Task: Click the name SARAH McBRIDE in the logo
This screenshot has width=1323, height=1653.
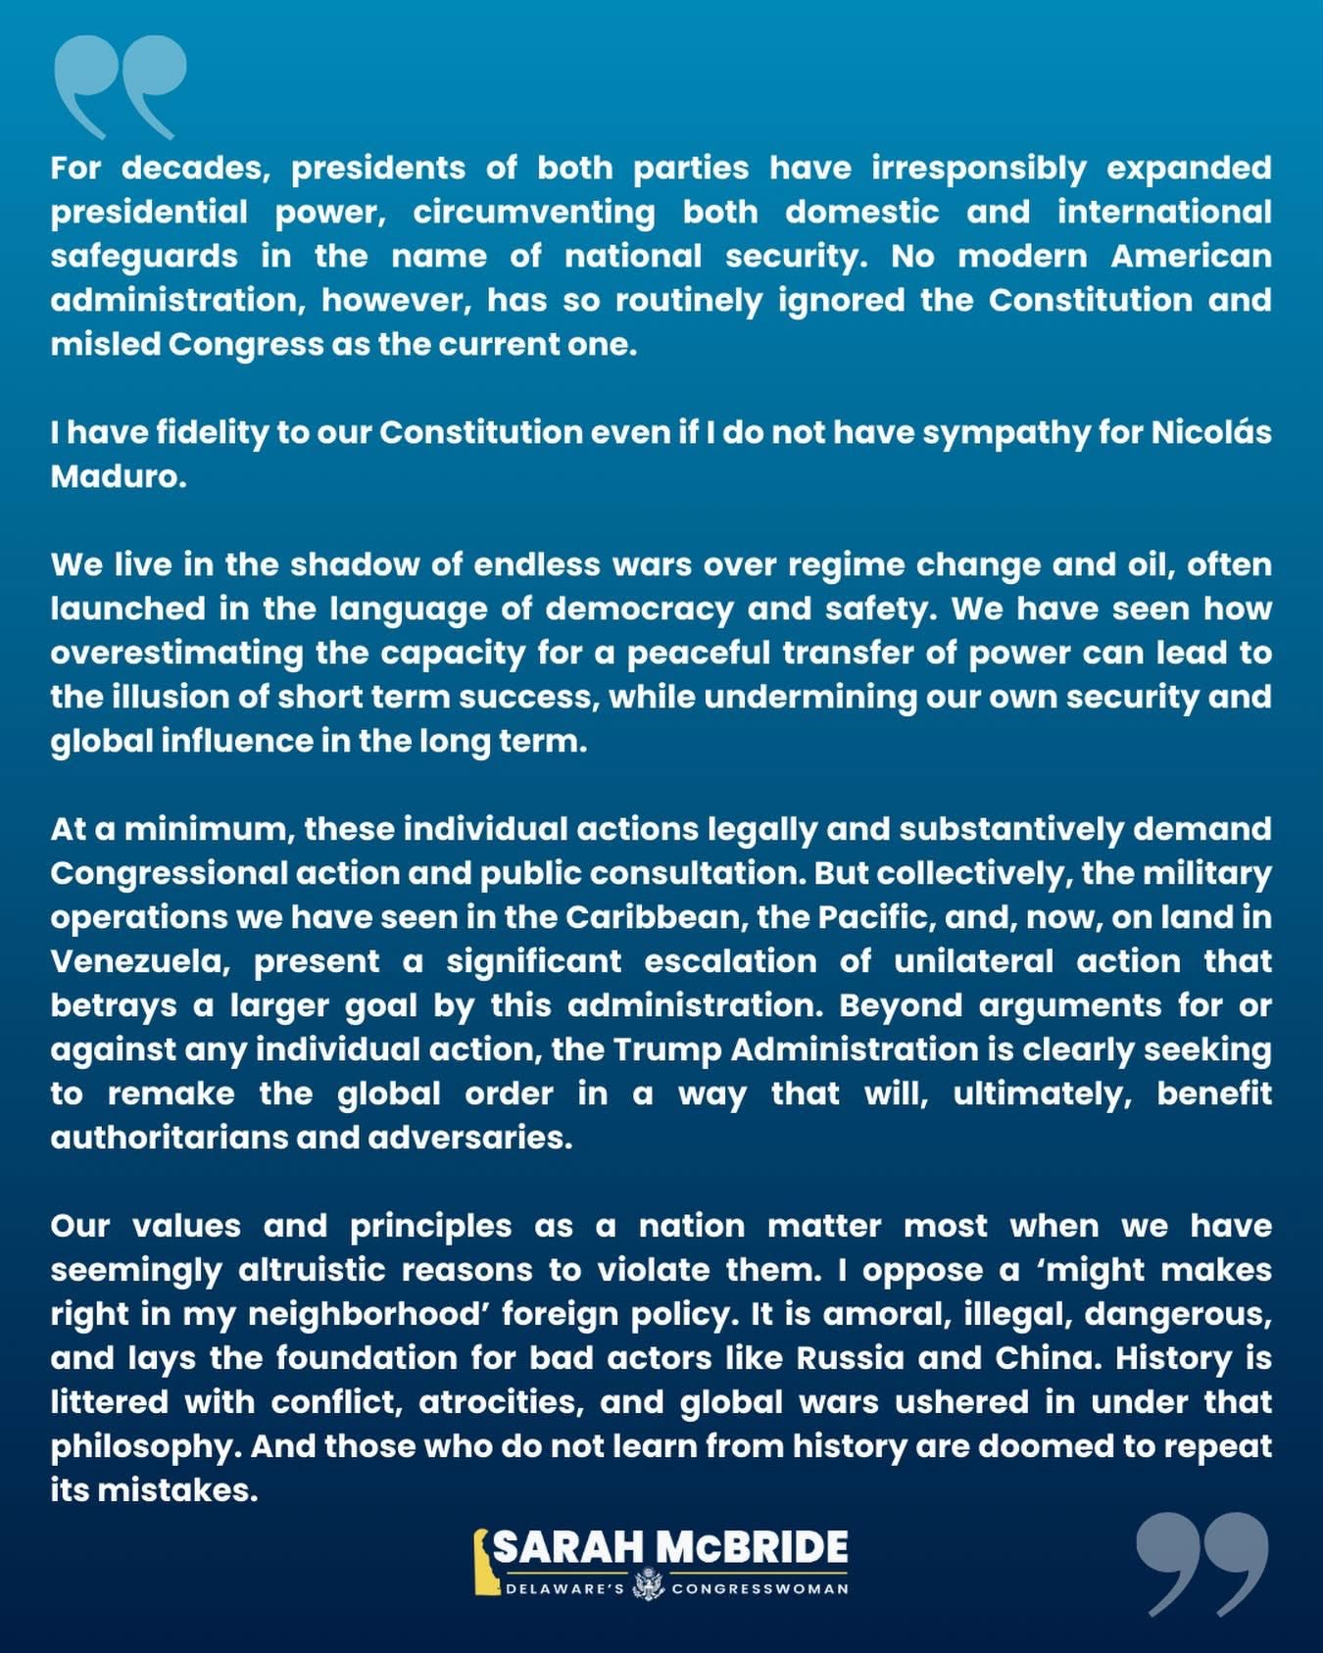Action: [670, 1547]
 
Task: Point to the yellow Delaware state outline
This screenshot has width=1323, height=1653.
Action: [482, 1562]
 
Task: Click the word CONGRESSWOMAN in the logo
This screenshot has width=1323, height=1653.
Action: [759, 1588]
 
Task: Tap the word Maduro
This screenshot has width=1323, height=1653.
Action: [118, 477]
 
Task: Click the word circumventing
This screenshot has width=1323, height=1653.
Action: [534, 213]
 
